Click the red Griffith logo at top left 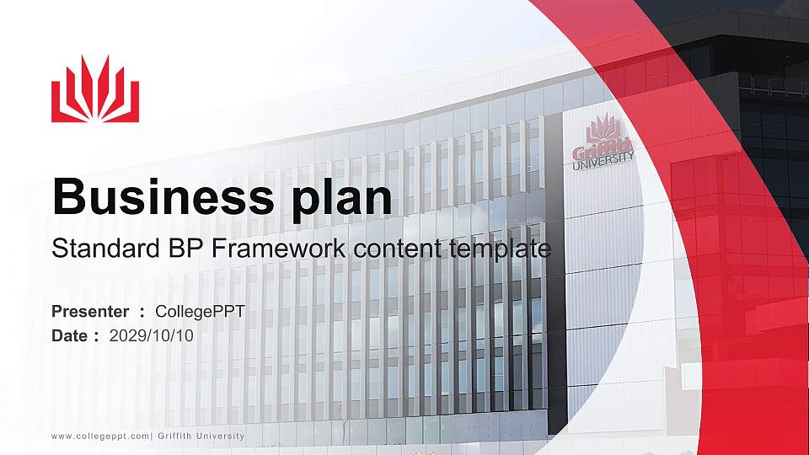coord(94,90)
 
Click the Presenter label coord(90,312)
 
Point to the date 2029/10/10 coord(152,335)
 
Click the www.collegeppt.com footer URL coord(100,436)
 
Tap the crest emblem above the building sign coord(603,128)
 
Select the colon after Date coord(96,336)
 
